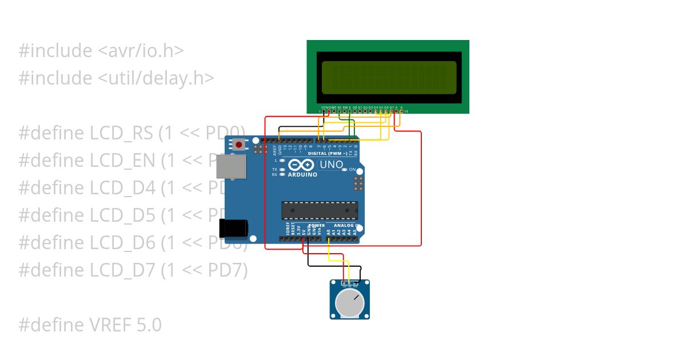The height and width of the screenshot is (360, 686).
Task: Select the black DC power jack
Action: [234, 229]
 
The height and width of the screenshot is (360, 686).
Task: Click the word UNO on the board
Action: [330, 165]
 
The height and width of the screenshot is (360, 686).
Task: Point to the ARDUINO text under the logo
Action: [302, 175]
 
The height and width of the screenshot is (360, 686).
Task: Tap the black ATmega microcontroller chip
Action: [320, 210]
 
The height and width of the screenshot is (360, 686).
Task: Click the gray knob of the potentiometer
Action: [350, 303]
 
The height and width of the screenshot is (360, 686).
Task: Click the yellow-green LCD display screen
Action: [389, 78]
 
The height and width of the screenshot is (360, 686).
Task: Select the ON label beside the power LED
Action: [352, 170]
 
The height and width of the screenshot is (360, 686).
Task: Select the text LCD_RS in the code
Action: [121, 133]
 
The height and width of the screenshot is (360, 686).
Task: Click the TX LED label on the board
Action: [274, 170]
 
